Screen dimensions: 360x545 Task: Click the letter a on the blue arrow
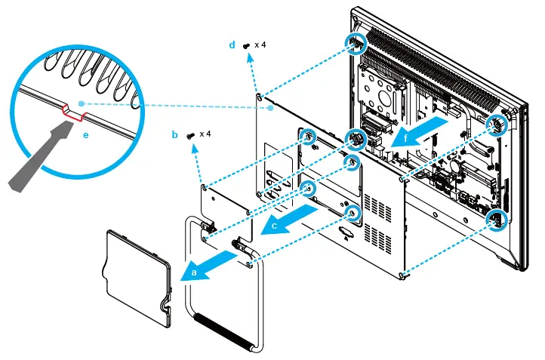point(196,269)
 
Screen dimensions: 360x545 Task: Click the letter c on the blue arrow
point(274,224)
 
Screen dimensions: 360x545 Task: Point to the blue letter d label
point(232,45)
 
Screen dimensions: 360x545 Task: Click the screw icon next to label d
point(246,46)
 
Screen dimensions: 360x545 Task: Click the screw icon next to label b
point(190,134)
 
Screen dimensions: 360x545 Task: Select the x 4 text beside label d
point(260,45)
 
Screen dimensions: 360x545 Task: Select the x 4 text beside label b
point(205,134)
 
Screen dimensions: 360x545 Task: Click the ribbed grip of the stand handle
point(225,331)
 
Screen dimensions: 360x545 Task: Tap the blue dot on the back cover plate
point(270,109)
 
